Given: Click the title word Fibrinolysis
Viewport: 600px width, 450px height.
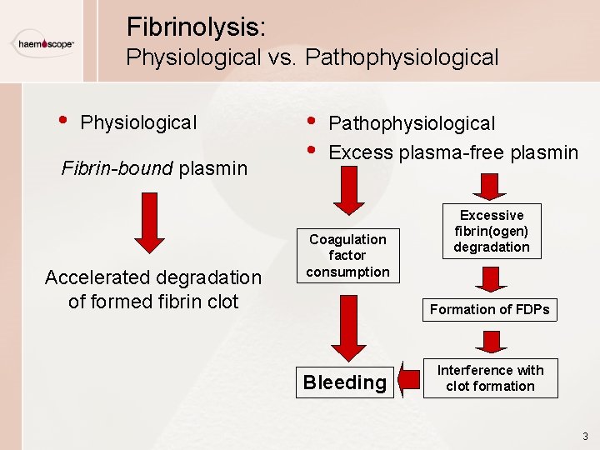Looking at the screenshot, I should point(196,27).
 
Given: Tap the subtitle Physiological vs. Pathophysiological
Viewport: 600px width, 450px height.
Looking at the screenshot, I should point(312,57).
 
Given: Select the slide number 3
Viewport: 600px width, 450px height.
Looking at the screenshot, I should point(585,436).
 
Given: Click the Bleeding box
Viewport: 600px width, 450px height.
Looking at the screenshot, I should point(345,382).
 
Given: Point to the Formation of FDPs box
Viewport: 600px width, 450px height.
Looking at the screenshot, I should point(490,309).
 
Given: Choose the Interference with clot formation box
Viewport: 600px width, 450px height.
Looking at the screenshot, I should point(490,377).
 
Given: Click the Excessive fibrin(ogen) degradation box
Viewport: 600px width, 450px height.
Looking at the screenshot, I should point(491,231).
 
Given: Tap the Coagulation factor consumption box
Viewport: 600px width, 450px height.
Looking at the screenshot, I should point(347,255).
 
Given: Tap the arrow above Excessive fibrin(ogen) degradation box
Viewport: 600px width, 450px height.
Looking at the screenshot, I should point(492,184).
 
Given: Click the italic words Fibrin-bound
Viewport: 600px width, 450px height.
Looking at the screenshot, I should point(117,168).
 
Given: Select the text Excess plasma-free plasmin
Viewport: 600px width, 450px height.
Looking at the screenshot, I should point(453,152).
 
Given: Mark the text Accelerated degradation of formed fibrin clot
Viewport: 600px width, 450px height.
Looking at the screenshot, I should point(153,289).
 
